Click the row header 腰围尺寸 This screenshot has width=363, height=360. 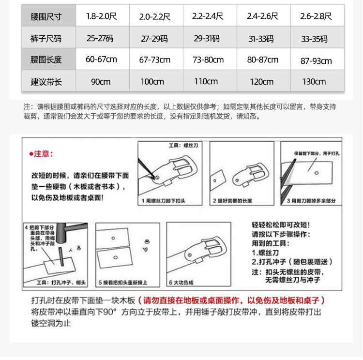coord(46,16)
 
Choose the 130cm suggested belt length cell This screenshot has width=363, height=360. coord(314,82)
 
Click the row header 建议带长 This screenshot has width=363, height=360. coord(46,82)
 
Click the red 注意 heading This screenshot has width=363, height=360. coord(42,154)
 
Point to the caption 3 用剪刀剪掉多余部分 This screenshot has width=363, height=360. coord(311,200)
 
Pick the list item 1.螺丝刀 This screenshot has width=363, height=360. coord(267,252)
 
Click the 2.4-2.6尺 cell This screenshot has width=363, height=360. coord(262,16)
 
